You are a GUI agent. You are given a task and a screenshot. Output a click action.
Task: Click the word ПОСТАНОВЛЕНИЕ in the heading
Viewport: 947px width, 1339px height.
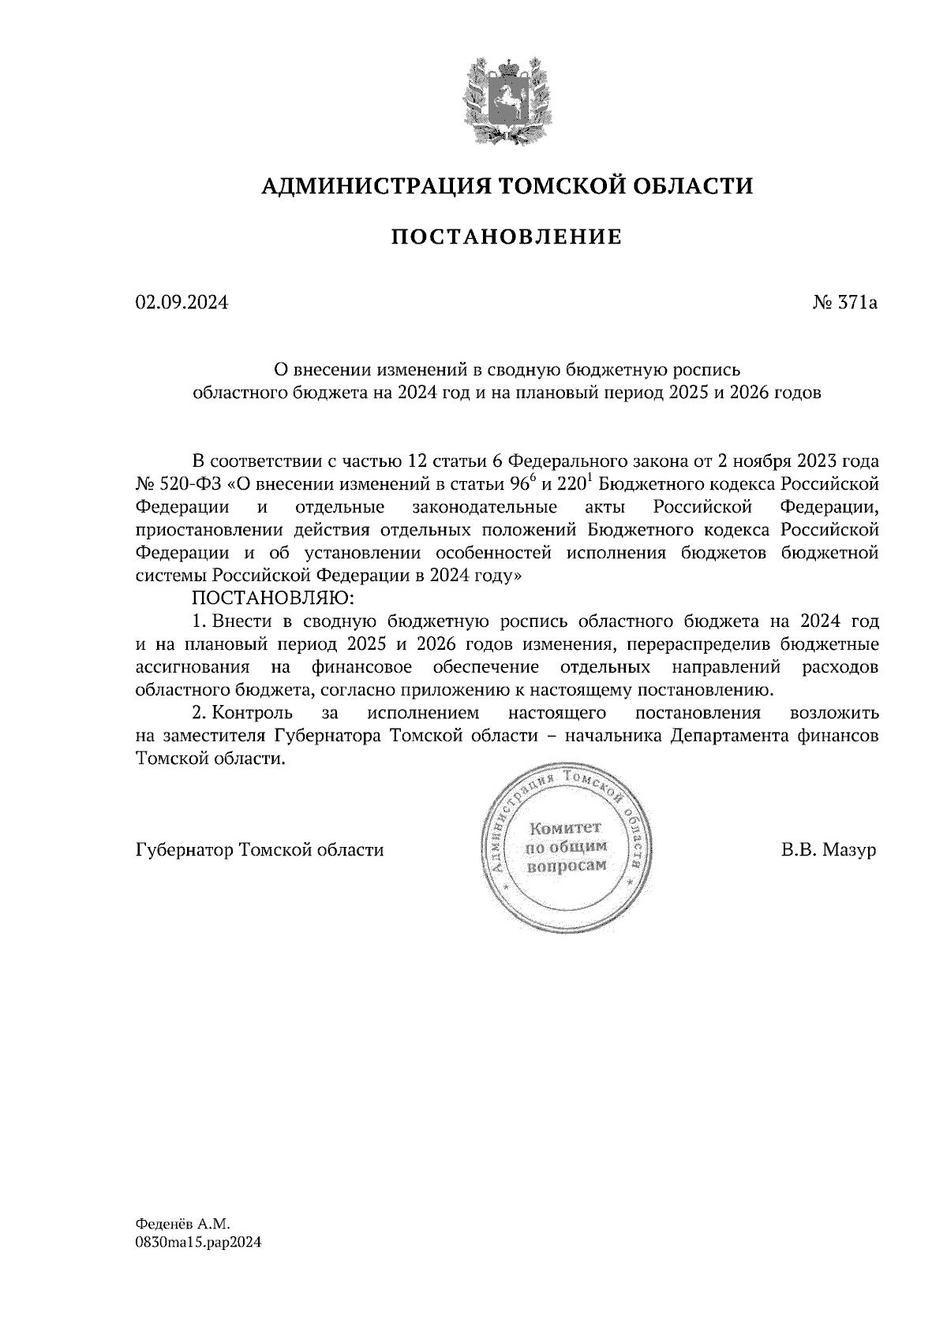(x=507, y=237)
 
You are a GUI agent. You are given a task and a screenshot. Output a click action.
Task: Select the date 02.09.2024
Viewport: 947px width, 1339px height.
(x=182, y=302)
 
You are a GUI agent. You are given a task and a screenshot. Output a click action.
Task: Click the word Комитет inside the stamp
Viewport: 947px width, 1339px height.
(x=565, y=828)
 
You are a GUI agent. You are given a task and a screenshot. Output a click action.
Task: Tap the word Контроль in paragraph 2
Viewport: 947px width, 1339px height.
(x=252, y=714)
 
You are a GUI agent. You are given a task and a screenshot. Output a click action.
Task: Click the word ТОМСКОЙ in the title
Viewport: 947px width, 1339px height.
(x=560, y=186)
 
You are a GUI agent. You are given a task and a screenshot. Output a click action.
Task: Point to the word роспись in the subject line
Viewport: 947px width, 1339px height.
(x=707, y=369)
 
